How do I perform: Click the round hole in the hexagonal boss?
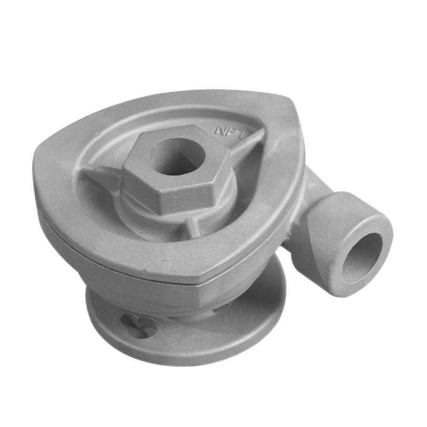coord(177,157)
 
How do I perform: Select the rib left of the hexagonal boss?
coord(101,175)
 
